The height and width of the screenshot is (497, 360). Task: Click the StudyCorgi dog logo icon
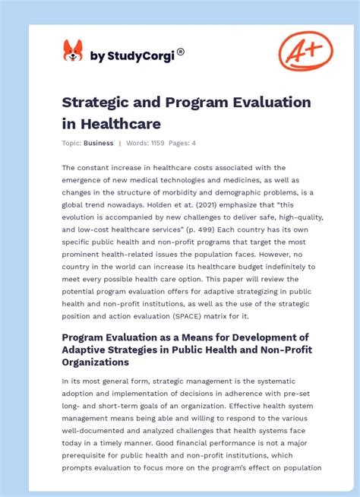tap(73, 52)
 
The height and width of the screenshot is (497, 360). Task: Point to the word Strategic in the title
tap(96, 102)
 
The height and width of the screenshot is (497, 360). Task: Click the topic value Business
tap(99, 143)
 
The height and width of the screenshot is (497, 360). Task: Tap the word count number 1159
tap(161, 143)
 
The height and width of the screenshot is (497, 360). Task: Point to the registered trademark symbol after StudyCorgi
tap(180, 52)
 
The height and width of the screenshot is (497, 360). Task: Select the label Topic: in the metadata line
tap(72, 143)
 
